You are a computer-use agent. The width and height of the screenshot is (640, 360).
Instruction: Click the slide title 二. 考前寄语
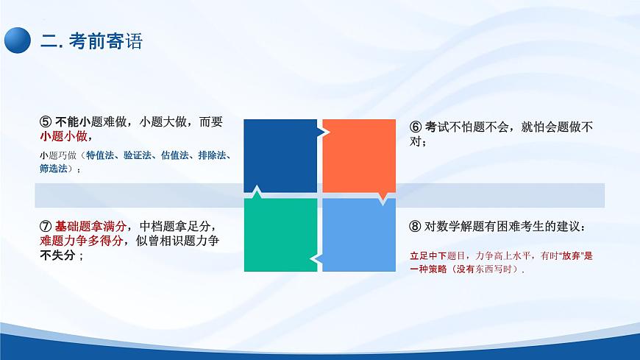click(91, 41)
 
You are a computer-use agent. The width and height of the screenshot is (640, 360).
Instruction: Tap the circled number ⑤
click(46, 122)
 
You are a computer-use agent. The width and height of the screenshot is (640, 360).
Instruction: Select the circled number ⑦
click(46, 226)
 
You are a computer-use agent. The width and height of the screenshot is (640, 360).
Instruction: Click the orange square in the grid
click(359, 155)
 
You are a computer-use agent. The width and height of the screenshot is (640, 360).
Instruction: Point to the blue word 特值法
click(101, 155)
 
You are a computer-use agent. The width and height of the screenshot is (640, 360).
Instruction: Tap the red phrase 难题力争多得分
click(80, 241)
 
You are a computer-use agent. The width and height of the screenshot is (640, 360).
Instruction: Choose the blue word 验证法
click(138, 155)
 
